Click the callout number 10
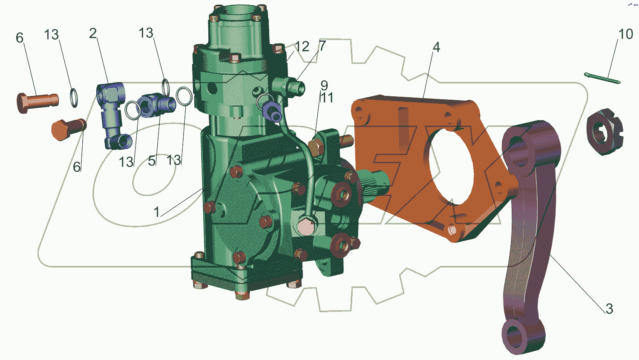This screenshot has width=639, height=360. [x=626, y=34]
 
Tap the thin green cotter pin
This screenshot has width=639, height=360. [x=602, y=78]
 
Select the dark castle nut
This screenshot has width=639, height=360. [x=605, y=132]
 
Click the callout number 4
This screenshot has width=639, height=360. [x=436, y=47]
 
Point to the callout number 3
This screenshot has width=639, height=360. [x=609, y=309]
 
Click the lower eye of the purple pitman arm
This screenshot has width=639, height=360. [x=523, y=337]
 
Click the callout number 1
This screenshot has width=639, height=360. [x=156, y=212]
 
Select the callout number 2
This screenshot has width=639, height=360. [x=93, y=34]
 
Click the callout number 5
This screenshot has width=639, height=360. [x=152, y=161]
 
